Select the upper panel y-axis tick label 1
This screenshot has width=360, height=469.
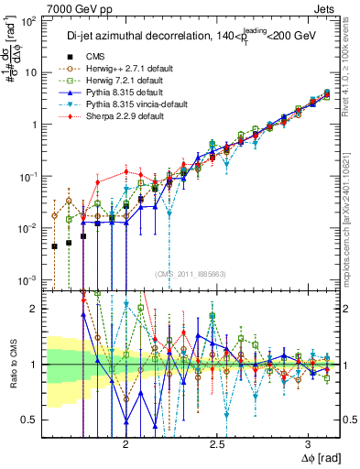(x=35, y=124)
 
